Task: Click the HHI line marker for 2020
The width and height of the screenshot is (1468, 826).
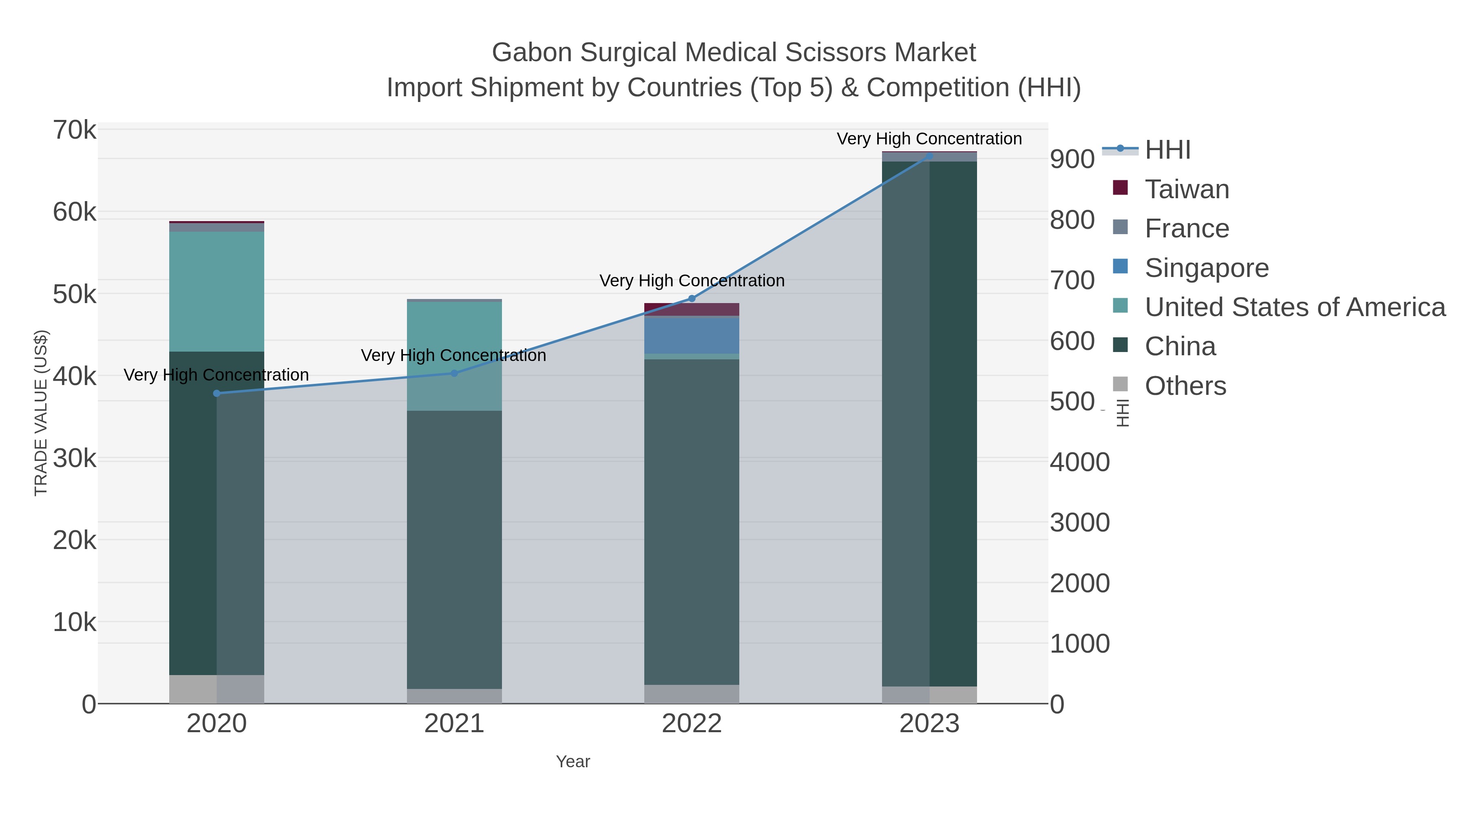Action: coord(217,393)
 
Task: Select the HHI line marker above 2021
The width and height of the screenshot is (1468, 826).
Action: coord(454,373)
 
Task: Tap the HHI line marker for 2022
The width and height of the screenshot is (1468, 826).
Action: coord(692,299)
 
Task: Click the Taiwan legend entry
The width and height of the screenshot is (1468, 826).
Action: coord(1187,189)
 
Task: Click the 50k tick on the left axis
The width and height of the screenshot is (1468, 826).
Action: coord(75,295)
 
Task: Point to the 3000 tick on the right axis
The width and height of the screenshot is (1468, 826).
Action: coord(1079,523)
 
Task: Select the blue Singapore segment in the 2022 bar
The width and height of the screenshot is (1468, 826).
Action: coord(692,335)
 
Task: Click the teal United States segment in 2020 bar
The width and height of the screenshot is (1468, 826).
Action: coord(217,291)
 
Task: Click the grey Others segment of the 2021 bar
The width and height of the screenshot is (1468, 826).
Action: coord(454,696)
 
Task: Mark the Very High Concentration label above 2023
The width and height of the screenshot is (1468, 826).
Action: coord(929,139)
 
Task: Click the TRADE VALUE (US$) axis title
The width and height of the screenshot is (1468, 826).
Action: coord(41,413)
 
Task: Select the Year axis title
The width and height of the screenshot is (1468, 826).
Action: coord(573,762)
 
